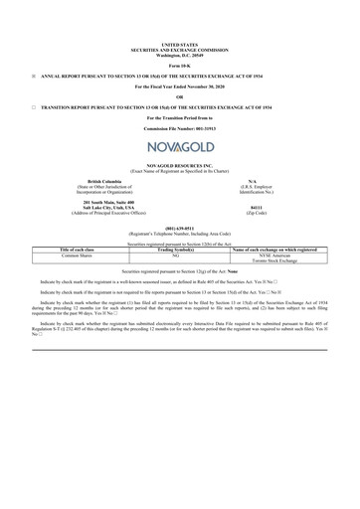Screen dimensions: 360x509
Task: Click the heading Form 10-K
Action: tap(179, 65)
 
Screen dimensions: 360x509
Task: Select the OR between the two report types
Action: tap(179, 96)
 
